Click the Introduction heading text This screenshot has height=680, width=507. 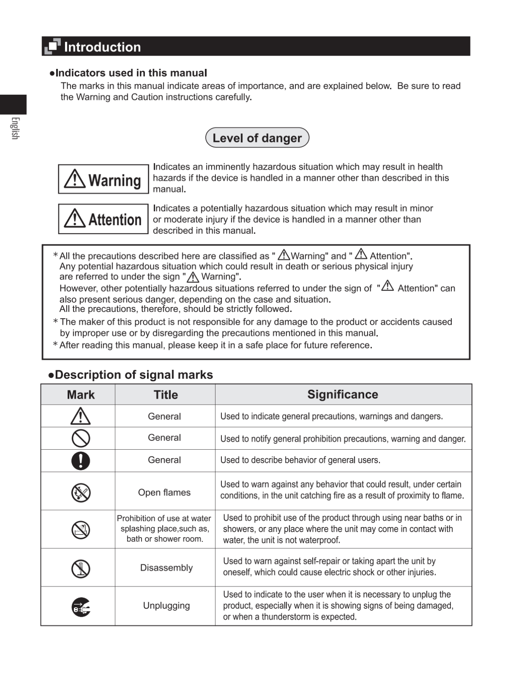tap(102, 47)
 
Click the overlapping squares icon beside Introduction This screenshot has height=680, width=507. tap(53, 46)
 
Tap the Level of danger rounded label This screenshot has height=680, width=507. tap(257, 138)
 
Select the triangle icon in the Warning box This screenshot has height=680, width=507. tap(75, 179)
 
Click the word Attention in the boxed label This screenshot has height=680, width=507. tap(115, 220)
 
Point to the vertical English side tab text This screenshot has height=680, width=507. tap(15, 128)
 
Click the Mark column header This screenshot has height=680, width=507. tap(81, 395)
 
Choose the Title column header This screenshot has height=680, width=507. tap(165, 395)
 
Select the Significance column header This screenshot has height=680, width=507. tap(343, 394)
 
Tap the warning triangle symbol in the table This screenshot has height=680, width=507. tap(80, 416)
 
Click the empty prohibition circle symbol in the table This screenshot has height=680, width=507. tap(81, 438)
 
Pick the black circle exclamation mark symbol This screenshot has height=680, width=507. tap(81, 460)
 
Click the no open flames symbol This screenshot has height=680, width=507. tap(81, 493)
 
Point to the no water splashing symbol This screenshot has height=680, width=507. tap(81, 530)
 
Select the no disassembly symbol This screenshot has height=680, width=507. tap(81, 569)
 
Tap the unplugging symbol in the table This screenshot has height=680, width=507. tap(81, 606)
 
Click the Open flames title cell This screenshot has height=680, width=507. tap(164, 493)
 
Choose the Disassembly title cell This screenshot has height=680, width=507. tap(166, 568)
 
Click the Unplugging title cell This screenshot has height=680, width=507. tap(166, 606)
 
